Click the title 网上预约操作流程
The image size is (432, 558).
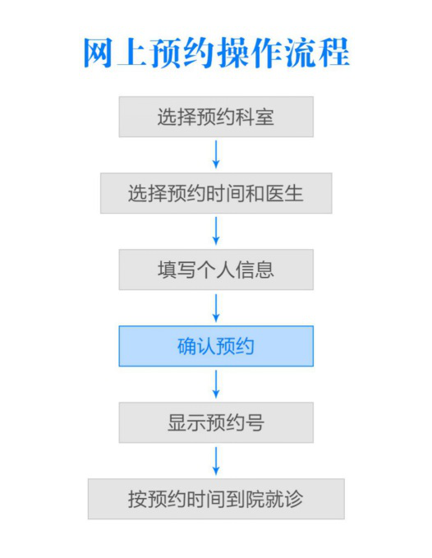pyautogui.click(x=216, y=53)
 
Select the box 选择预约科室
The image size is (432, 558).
pyautogui.click(x=216, y=117)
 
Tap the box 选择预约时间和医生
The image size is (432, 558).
pyautogui.click(x=216, y=193)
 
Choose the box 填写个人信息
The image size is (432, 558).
pyautogui.click(x=216, y=270)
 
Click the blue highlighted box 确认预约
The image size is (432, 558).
pyautogui.click(x=216, y=346)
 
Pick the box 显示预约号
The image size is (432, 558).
pyautogui.click(x=216, y=422)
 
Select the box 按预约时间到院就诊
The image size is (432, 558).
pyautogui.click(x=216, y=499)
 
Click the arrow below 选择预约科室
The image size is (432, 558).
pyautogui.click(x=216, y=154)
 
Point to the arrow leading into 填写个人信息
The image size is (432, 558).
pyautogui.click(x=216, y=231)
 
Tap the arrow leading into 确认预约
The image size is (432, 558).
pyautogui.click(x=216, y=307)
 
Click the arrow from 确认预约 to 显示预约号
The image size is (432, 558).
pyautogui.click(x=216, y=384)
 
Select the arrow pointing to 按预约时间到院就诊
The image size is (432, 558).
pyautogui.click(x=216, y=461)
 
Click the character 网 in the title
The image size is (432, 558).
pyautogui.click(x=98, y=53)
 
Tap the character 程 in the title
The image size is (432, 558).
pyautogui.click(x=334, y=53)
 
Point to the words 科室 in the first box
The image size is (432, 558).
pyautogui.click(x=255, y=117)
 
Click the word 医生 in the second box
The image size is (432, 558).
pyautogui.click(x=284, y=194)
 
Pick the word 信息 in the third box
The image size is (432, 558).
pyautogui.click(x=255, y=270)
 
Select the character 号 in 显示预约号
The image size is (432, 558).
pyautogui.click(x=255, y=422)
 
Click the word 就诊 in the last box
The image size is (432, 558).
pyautogui.click(x=284, y=499)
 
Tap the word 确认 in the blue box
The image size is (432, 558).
pyautogui.click(x=196, y=346)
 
